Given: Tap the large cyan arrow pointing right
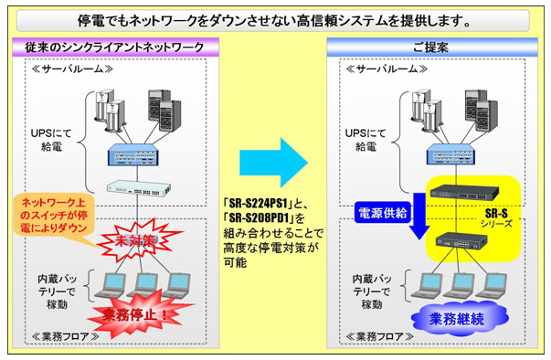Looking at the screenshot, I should pos(274,161).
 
